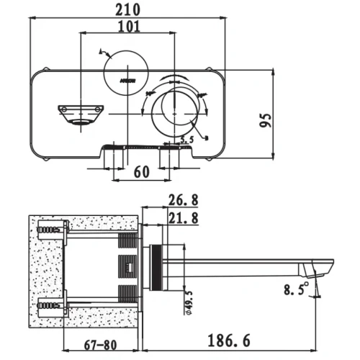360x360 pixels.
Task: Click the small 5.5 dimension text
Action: tap(187, 140)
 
